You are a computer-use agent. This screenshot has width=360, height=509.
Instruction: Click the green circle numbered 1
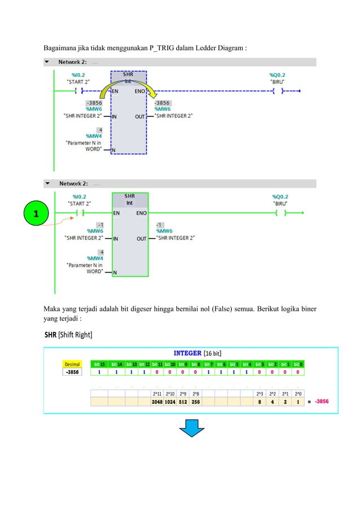tap(36, 214)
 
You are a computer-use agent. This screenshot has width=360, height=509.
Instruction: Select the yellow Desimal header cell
tap(72, 364)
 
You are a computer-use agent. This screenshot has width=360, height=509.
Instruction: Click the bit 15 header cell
tap(100, 364)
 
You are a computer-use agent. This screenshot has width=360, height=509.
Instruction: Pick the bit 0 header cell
tap(297, 364)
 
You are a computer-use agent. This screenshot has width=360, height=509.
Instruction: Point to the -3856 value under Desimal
tap(72, 372)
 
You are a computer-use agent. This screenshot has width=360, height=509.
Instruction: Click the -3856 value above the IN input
tap(94, 103)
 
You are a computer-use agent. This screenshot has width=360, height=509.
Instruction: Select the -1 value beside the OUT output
tap(160, 224)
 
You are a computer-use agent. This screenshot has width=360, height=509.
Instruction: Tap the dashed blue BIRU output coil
tap(278, 90)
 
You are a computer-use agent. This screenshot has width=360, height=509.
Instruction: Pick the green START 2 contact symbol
tap(79, 213)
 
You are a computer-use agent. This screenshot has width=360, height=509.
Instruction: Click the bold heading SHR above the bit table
tap(51, 335)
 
